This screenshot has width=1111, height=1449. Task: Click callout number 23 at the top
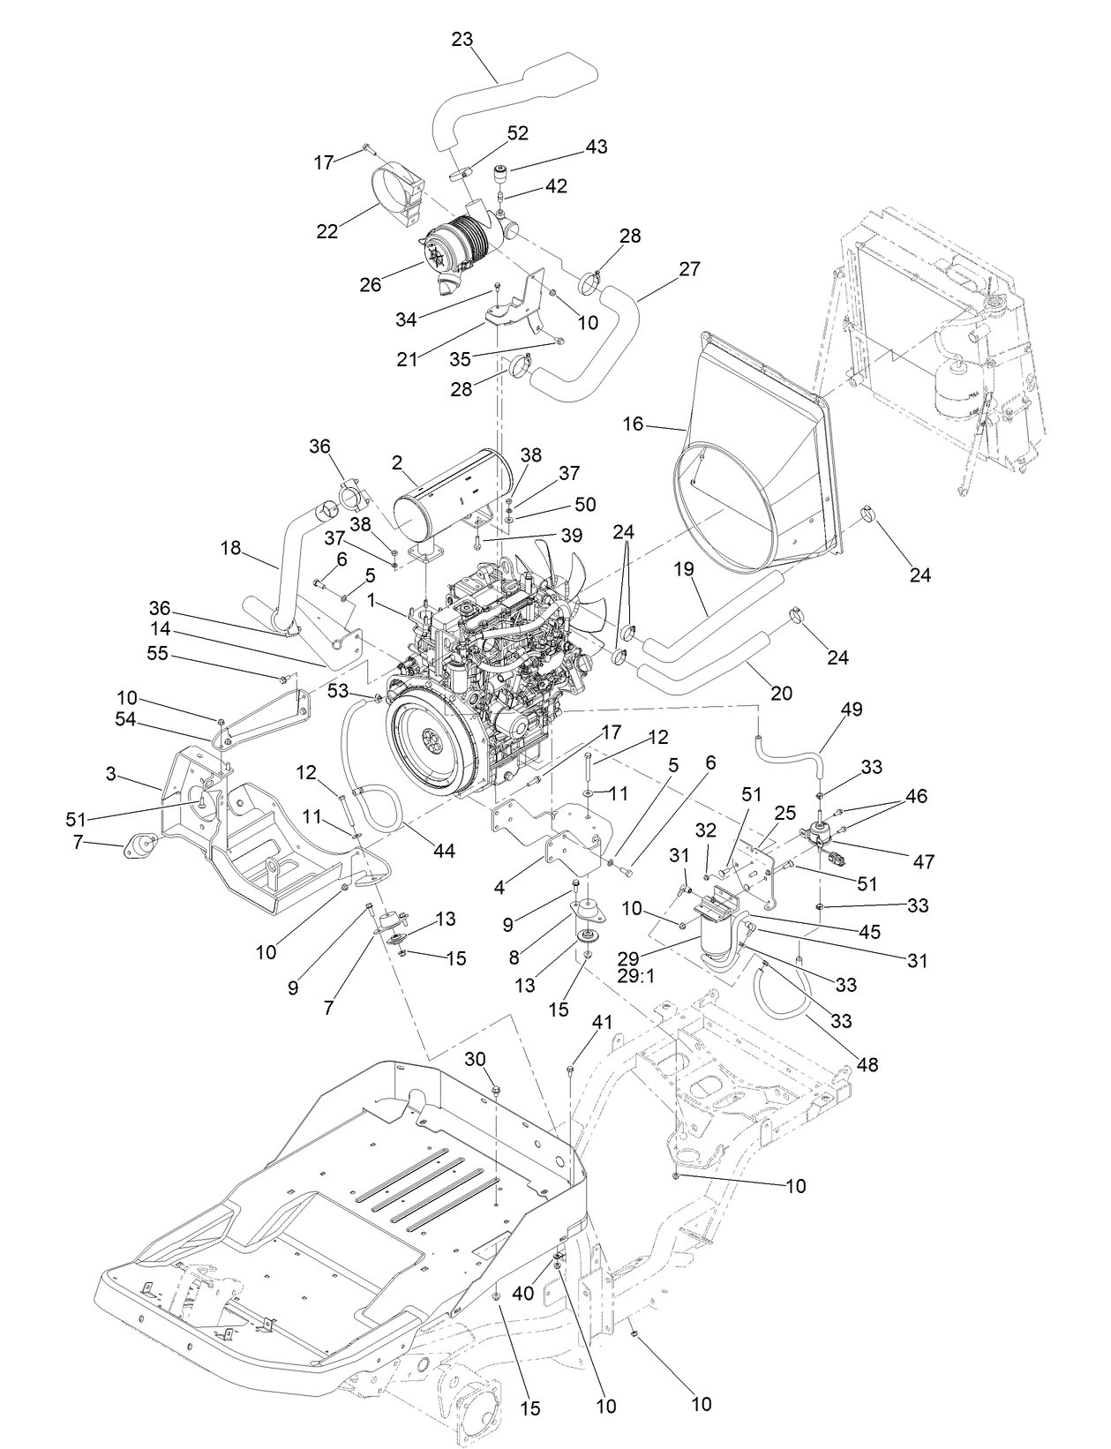(462, 39)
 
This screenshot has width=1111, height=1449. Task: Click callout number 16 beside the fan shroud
(633, 424)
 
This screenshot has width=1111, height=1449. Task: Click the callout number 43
(597, 146)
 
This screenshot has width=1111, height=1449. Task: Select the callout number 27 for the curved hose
(689, 269)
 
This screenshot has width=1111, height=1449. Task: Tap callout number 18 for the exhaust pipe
(230, 548)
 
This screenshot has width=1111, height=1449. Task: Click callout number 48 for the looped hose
(867, 1065)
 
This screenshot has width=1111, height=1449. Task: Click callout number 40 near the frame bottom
(523, 1293)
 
